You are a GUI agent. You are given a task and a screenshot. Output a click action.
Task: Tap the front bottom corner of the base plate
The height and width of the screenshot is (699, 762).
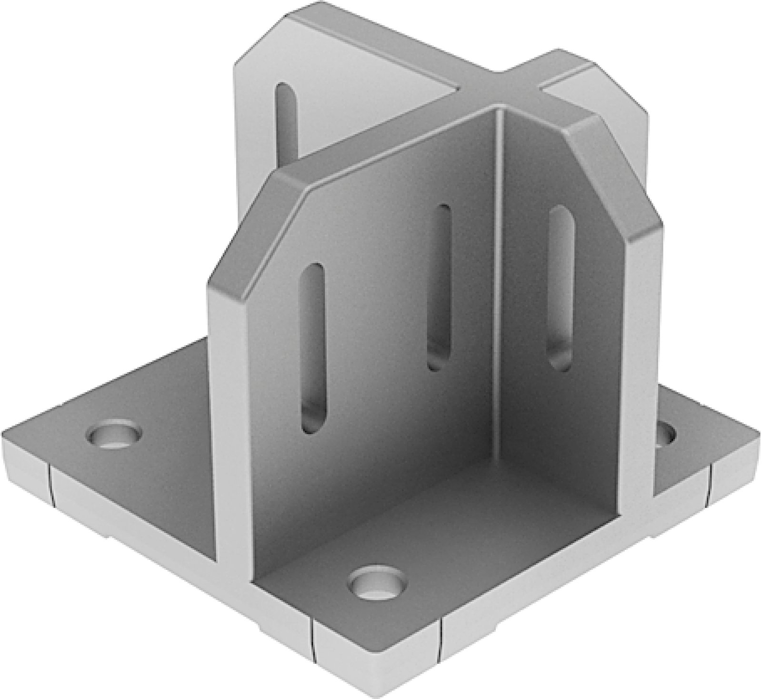click(x=376, y=693)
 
